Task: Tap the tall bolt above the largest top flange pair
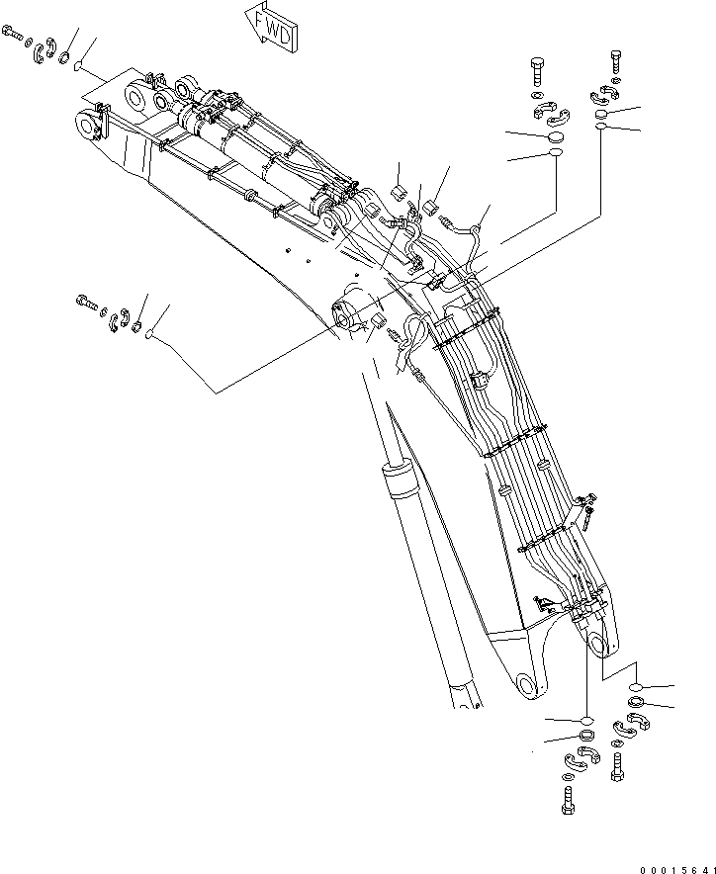tap(537, 71)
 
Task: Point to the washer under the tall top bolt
tap(537, 97)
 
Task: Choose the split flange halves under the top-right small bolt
tap(605, 95)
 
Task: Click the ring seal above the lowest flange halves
tap(585, 738)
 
